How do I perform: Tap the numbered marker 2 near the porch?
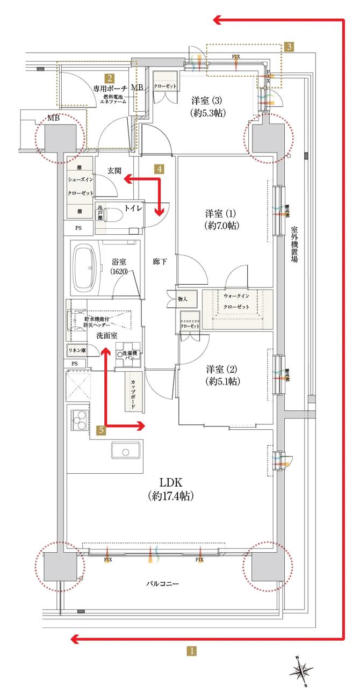109,77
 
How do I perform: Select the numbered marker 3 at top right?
289,47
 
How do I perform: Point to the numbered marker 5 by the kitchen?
100,429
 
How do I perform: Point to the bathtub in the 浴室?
86,268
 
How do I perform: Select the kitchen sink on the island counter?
126,450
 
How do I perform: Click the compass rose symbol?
303,670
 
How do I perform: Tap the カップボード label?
133,394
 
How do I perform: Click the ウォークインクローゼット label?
237,301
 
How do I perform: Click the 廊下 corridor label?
160,262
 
